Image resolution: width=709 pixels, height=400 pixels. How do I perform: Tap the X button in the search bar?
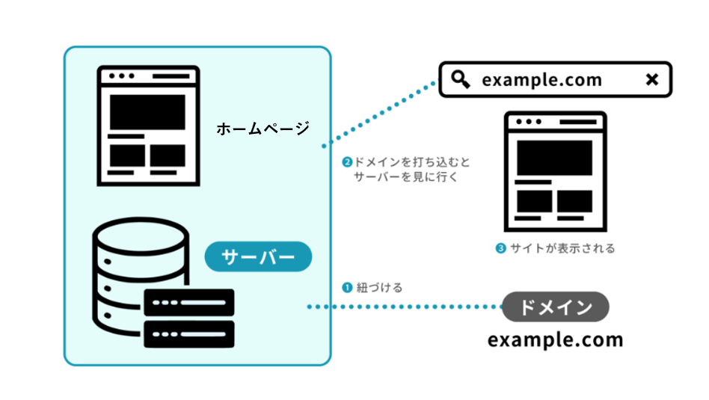pyautogui.click(x=652, y=79)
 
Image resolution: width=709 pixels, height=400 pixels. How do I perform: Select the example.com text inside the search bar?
pyautogui.click(x=541, y=80)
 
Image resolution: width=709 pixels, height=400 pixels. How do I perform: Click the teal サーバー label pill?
pyautogui.click(x=258, y=256)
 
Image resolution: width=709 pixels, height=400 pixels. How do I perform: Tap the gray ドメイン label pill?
pyautogui.click(x=556, y=307)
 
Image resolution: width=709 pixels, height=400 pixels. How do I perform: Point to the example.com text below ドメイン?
pyautogui.click(x=555, y=339)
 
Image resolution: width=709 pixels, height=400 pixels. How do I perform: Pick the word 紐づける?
pyautogui.click(x=379, y=287)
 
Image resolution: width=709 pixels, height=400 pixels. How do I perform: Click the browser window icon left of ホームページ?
pyautogui.click(x=148, y=125)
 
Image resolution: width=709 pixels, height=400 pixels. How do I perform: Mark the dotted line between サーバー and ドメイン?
pyautogui.click(x=408, y=307)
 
